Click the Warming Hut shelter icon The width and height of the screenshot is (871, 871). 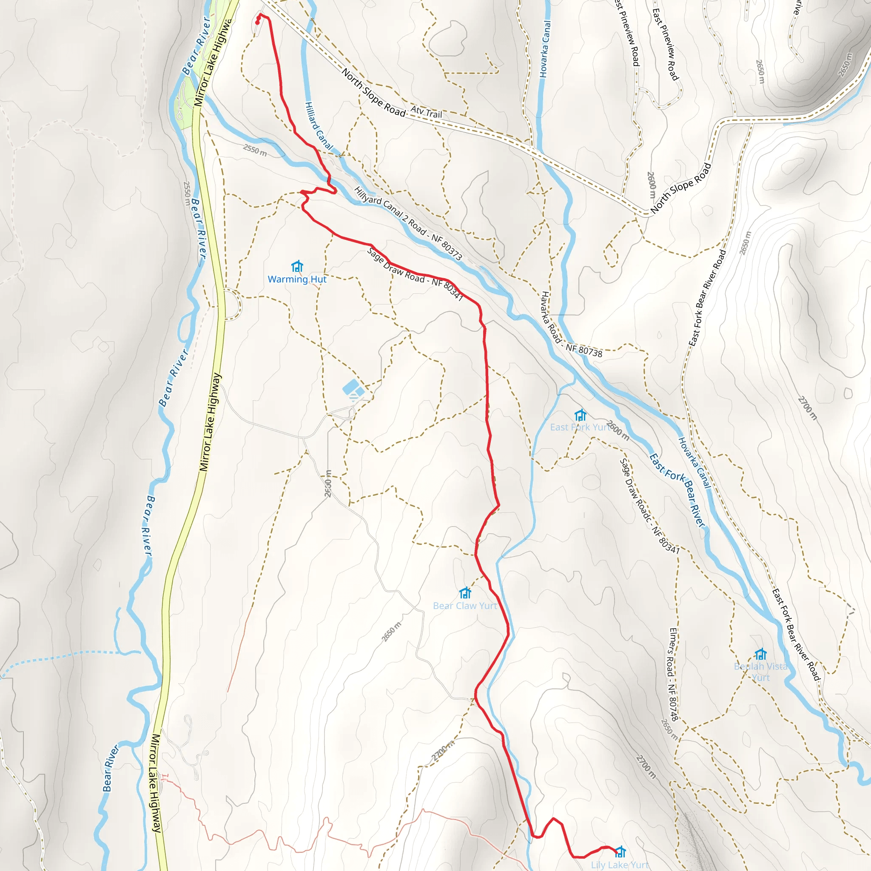[x=297, y=266]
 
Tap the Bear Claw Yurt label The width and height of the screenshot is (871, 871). [x=465, y=606]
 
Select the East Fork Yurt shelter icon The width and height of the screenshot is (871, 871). [x=580, y=415]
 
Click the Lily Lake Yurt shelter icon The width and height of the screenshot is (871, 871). [x=621, y=851]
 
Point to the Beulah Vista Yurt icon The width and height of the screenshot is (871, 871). [x=760, y=654]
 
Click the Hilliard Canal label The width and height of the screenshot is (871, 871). [x=318, y=126]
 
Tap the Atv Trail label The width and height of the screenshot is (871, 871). [x=426, y=111]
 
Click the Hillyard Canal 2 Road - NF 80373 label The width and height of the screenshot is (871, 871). [x=408, y=224]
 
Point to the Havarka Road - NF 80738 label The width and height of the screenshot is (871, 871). [x=571, y=325]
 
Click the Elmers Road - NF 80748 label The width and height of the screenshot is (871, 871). [x=674, y=675]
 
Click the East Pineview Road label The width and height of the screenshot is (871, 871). [x=666, y=44]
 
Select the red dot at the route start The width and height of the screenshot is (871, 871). [x=257, y=23]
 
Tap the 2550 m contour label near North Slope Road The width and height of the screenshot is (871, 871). [x=255, y=150]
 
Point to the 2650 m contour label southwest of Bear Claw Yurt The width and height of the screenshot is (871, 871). [x=391, y=632]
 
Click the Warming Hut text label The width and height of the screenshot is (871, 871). [x=297, y=279]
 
